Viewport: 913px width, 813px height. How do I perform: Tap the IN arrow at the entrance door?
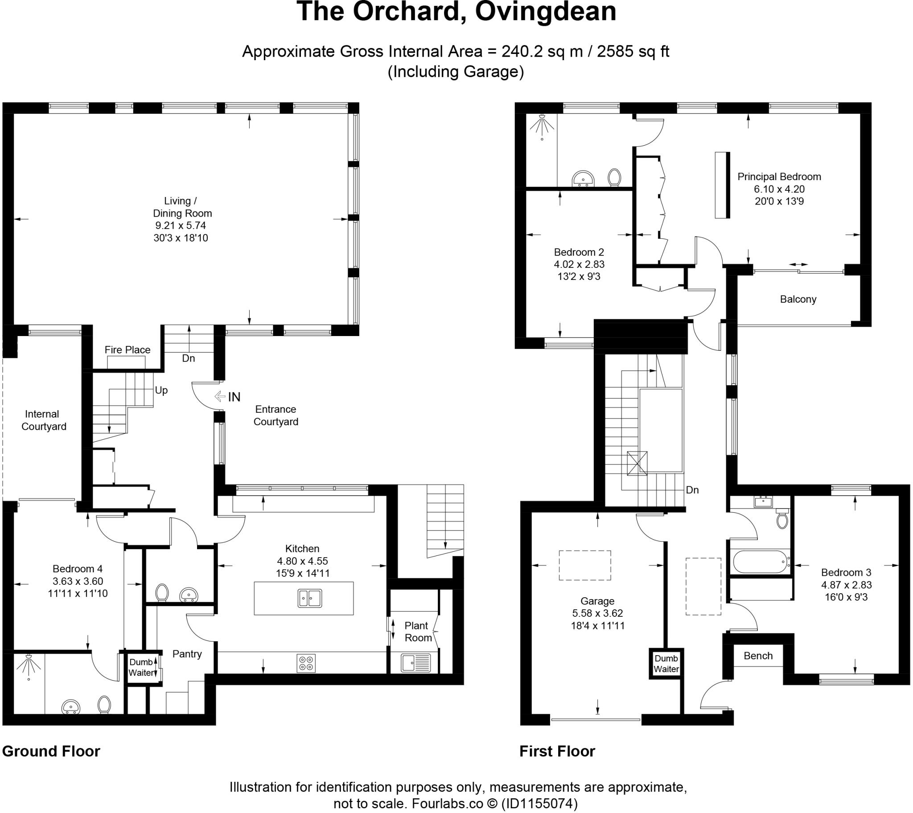pyautogui.click(x=220, y=396)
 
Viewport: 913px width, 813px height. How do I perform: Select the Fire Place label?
pyautogui.click(x=127, y=350)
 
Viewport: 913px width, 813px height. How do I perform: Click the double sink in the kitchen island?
pyautogui.click(x=309, y=598)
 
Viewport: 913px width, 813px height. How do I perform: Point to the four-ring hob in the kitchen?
pyautogui.click(x=306, y=663)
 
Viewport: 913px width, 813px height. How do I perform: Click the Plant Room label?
pyautogui.click(x=417, y=632)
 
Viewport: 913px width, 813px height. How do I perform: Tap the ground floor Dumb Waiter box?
pyautogui.click(x=141, y=667)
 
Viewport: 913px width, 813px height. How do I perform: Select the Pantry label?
pyautogui.click(x=187, y=654)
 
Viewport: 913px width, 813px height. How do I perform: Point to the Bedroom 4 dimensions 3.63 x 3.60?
pyautogui.click(x=78, y=581)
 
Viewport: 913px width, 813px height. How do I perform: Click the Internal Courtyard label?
pyautogui.click(x=43, y=420)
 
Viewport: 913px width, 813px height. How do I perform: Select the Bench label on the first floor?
pyautogui.click(x=758, y=656)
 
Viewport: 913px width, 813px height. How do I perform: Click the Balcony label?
pyautogui.click(x=798, y=299)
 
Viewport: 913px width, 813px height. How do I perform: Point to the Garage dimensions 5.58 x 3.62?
pyautogui.click(x=597, y=613)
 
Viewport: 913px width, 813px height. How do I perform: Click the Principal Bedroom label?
pyautogui.click(x=779, y=177)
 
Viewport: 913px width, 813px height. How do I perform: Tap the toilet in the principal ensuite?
pyautogui.click(x=615, y=177)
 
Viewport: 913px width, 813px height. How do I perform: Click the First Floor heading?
pyautogui.click(x=557, y=751)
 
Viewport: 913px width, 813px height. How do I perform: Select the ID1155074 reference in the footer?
pyautogui.click(x=539, y=804)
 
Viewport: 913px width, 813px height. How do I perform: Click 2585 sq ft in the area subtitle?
pyautogui.click(x=633, y=52)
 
